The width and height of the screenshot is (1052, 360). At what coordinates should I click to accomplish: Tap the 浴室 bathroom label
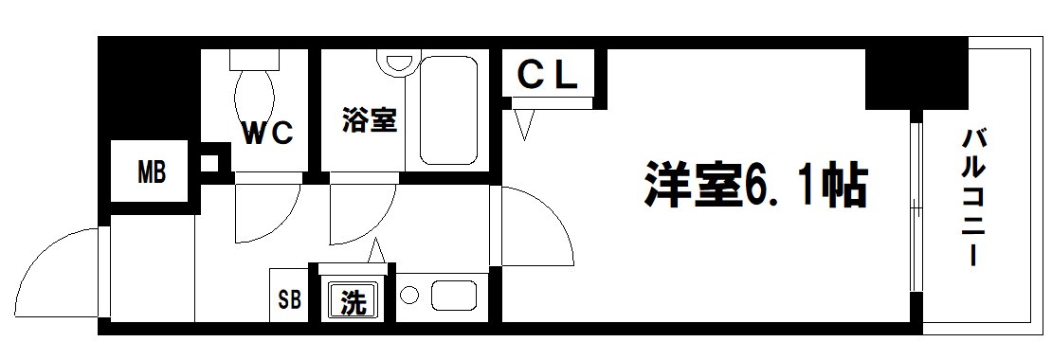point(369,121)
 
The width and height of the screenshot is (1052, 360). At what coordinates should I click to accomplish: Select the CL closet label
point(548,76)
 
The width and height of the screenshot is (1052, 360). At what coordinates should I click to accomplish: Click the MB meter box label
point(152,173)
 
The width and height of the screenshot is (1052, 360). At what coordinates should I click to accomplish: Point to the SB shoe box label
point(289,302)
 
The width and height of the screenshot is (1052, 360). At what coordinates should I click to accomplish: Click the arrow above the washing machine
point(375,251)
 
